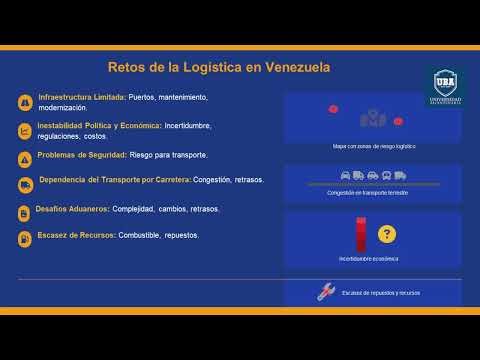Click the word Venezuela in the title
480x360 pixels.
(x=295, y=67)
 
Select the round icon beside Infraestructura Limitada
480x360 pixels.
(x=24, y=102)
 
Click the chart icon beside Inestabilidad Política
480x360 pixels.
(x=24, y=130)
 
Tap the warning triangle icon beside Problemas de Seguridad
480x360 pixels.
(x=24, y=158)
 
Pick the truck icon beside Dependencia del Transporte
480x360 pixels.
(x=24, y=184)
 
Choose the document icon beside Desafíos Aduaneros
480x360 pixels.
(x=24, y=212)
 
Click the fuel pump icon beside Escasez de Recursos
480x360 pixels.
(x=24, y=239)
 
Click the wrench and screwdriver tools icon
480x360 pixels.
(x=325, y=292)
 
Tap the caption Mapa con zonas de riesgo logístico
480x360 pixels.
(x=373, y=146)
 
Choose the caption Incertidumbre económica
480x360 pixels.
(x=368, y=259)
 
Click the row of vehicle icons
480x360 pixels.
(x=372, y=176)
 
